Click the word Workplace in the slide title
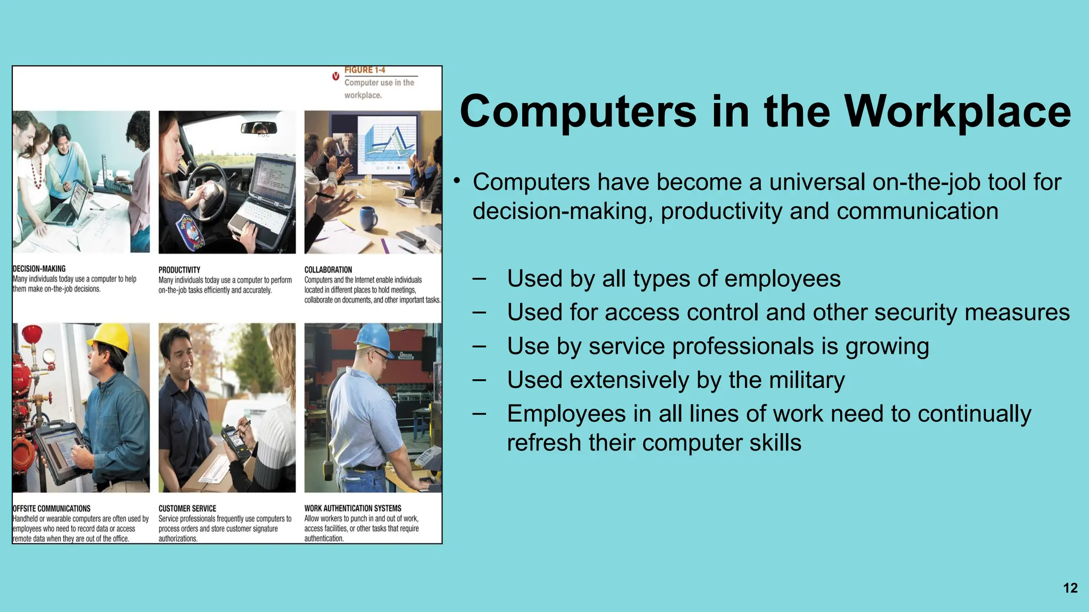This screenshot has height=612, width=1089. (x=957, y=112)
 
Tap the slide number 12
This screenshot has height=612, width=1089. (x=1070, y=588)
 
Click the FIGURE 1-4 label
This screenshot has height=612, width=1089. (x=365, y=70)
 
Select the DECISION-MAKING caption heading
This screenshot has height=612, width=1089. (x=39, y=269)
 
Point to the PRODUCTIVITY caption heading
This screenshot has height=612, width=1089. (x=179, y=270)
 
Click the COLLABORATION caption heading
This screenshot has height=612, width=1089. (x=328, y=270)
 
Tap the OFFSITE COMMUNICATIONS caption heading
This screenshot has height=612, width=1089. (x=52, y=508)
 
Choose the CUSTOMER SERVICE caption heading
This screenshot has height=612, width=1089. (x=187, y=508)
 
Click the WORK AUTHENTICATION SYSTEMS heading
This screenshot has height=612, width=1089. (x=353, y=508)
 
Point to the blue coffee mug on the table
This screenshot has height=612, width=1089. (x=367, y=217)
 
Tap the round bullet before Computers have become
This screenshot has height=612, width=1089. (x=456, y=182)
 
